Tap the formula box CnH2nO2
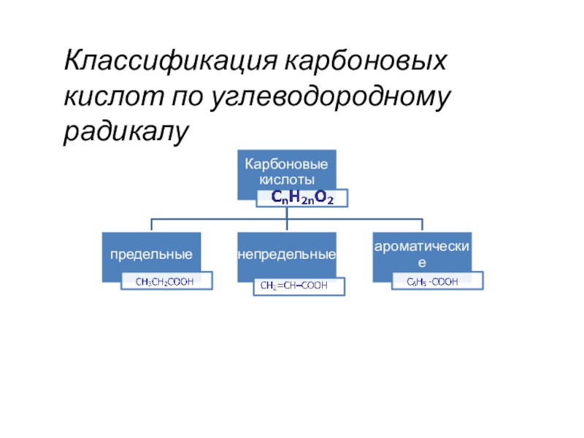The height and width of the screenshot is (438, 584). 302,198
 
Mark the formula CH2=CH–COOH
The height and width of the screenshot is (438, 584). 299,286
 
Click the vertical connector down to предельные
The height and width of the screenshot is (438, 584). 151,225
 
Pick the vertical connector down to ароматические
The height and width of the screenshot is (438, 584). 423,225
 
